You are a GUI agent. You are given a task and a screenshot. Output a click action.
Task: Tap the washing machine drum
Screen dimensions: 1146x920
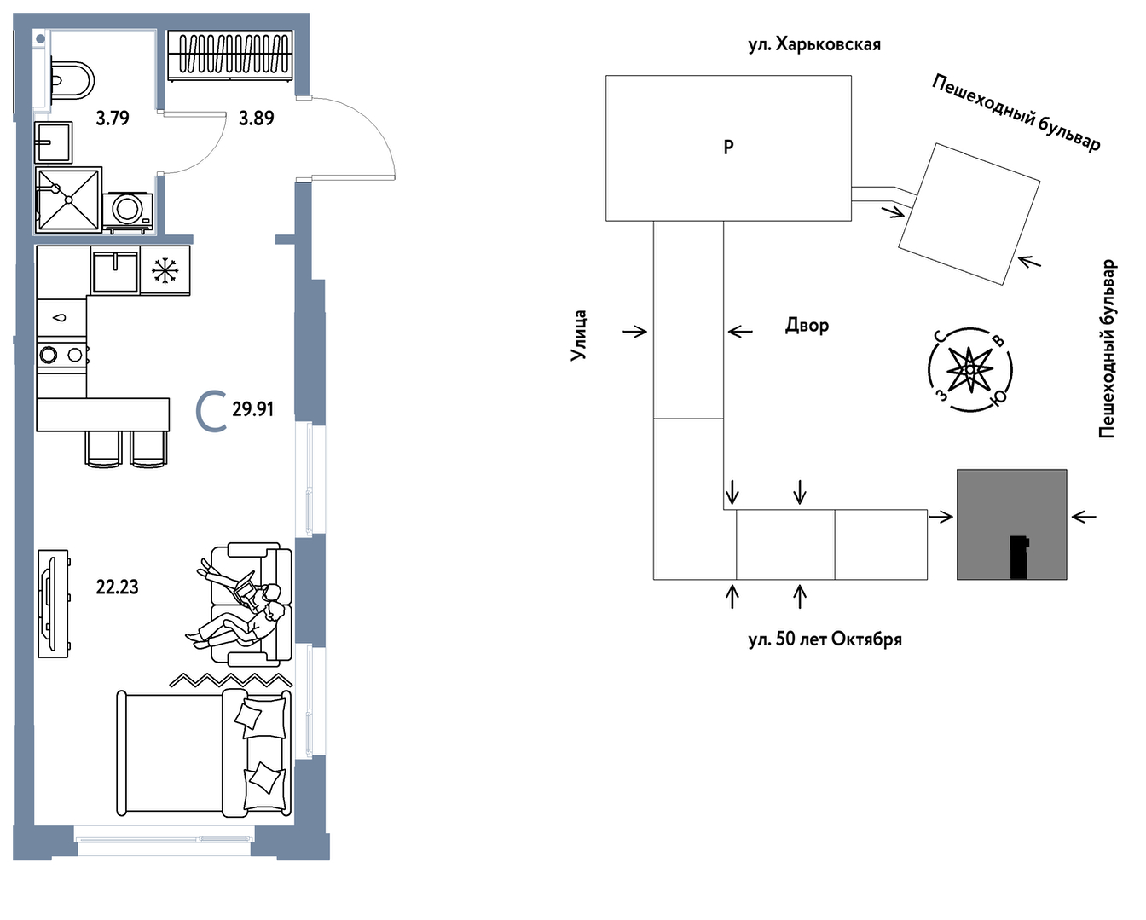coord(128,208)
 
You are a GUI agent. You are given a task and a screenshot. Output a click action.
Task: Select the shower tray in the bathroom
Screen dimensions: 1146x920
coord(69,200)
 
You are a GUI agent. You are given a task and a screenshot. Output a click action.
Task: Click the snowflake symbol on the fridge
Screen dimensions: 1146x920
coord(165,270)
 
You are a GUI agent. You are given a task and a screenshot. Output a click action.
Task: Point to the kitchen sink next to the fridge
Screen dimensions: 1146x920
coord(116,272)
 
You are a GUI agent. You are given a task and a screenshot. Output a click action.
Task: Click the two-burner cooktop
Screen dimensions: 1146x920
coord(61,354)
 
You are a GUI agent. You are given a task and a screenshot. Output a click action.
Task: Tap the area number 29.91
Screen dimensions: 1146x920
coord(253,409)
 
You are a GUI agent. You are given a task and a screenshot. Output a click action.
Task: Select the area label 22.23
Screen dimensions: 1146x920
coord(117,587)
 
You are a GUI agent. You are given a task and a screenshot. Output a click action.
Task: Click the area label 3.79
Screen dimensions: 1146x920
coord(113,118)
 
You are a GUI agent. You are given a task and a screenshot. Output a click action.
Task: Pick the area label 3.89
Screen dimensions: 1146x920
coord(256,118)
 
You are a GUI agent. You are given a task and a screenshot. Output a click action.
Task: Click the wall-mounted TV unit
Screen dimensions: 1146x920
coord(54,605)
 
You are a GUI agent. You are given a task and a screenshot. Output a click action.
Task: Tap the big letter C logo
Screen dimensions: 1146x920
coord(210,411)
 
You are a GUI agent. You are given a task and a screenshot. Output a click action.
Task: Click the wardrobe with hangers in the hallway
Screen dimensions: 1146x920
coord(230,56)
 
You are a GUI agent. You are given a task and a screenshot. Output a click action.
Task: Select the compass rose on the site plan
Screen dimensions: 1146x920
coord(970,370)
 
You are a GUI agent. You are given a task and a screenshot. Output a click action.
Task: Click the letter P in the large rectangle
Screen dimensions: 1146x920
coord(728,147)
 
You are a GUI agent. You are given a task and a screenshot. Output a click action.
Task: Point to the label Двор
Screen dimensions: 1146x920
coord(807,326)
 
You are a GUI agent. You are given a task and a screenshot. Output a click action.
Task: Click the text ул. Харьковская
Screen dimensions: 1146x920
coord(814,44)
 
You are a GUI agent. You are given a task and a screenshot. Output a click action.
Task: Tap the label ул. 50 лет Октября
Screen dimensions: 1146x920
coord(825,639)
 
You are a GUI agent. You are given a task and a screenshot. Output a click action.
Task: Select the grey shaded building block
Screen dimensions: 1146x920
coord(1012,524)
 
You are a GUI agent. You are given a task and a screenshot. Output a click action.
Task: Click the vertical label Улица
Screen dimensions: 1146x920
coord(579,336)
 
